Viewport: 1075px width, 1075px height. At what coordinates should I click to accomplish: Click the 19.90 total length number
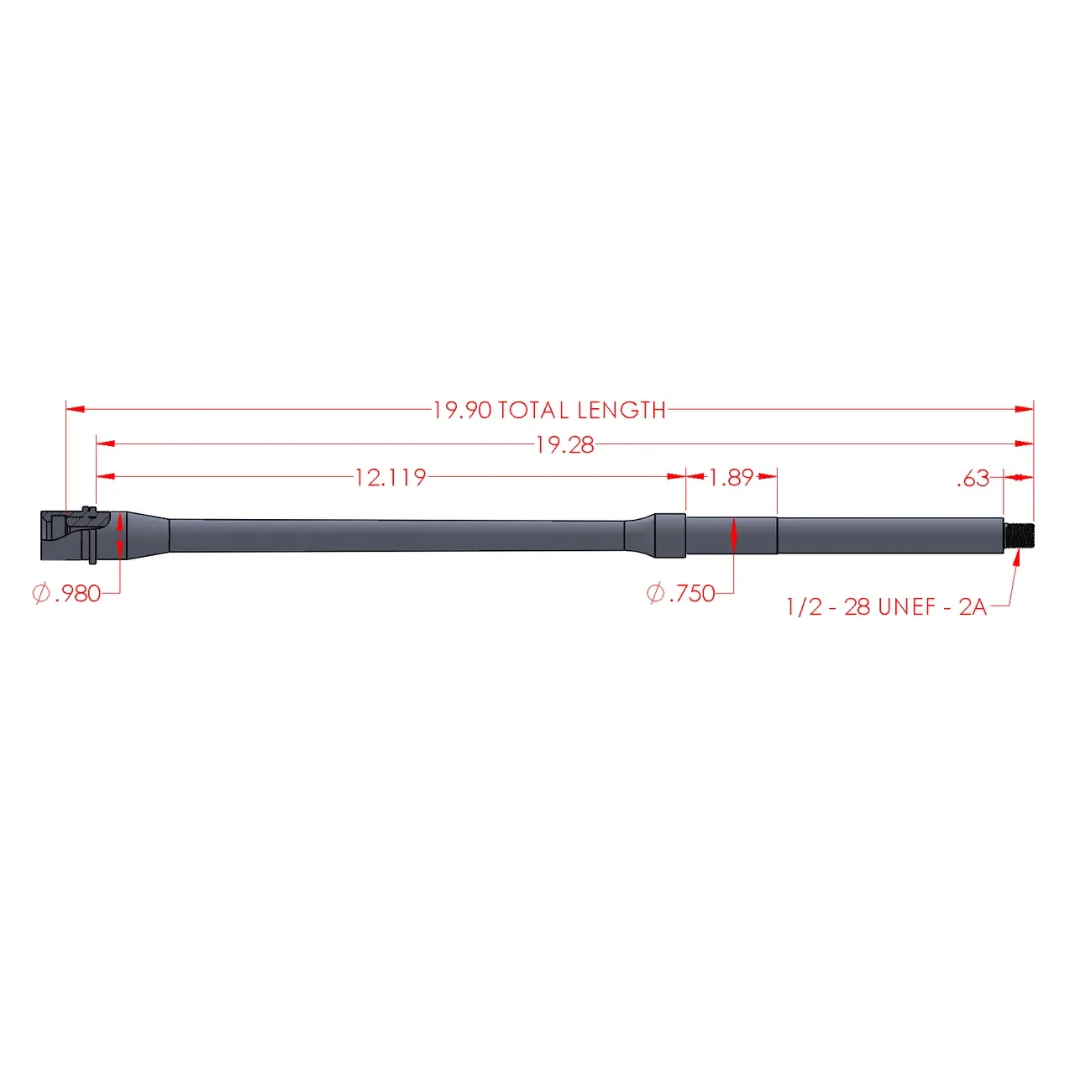coord(462,411)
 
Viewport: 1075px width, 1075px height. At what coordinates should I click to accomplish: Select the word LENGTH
coord(621,411)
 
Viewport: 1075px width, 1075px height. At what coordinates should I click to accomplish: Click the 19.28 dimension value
coord(564,445)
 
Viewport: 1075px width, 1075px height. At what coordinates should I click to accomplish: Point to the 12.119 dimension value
coord(391,478)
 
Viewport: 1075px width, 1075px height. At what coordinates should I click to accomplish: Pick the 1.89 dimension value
coord(731,478)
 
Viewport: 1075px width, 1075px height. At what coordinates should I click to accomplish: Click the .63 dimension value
coord(973,479)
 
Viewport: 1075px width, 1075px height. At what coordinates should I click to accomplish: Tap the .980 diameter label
coord(78,594)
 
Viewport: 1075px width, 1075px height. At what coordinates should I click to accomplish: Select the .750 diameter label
coord(692,594)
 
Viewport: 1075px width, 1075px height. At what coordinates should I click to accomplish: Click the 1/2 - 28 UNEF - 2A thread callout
coord(886,607)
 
